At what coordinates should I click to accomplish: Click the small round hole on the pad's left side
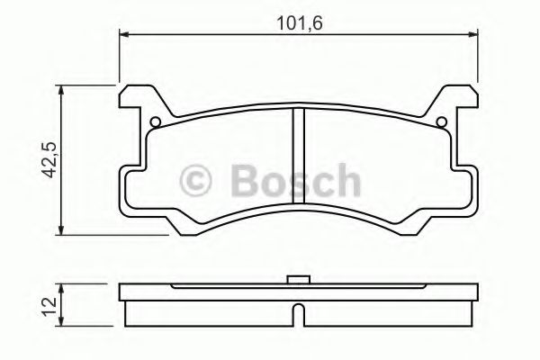pyautogui.click(x=155, y=122)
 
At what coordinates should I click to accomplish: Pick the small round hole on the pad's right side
pyautogui.click(x=441, y=122)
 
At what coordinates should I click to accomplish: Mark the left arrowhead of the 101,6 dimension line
pyautogui.click(x=124, y=34)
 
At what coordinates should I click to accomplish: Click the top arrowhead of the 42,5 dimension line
pyautogui.click(x=61, y=90)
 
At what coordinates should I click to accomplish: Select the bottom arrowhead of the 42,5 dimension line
pyautogui.click(x=61, y=229)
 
